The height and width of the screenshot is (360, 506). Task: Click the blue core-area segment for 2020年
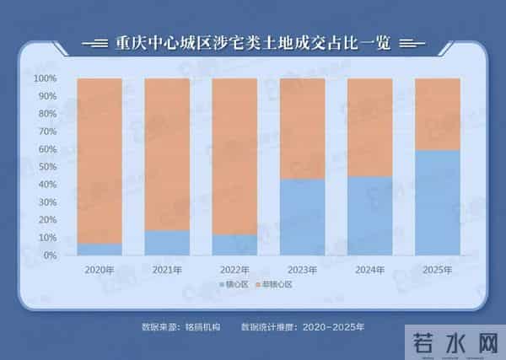tap(100, 250)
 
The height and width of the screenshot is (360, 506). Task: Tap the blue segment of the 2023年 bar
tap(302, 217)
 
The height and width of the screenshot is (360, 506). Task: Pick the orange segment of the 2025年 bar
tap(437, 114)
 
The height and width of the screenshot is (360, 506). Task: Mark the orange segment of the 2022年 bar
tap(234, 156)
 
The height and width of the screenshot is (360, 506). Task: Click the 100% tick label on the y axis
tap(46, 78)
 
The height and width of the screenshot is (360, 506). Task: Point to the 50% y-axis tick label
tap(47, 167)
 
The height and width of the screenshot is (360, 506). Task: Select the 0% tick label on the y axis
tap(50, 255)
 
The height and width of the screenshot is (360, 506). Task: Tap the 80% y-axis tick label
tap(47, 114)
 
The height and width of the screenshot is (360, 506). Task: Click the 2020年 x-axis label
tap(100, 270)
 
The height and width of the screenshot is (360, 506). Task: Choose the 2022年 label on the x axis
tap(234, 270)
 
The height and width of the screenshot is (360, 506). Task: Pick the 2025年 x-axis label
tap(437, 270)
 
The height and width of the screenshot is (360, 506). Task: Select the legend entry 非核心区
tap(279, 285)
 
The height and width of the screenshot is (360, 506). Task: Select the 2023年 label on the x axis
tap(302, 270)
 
